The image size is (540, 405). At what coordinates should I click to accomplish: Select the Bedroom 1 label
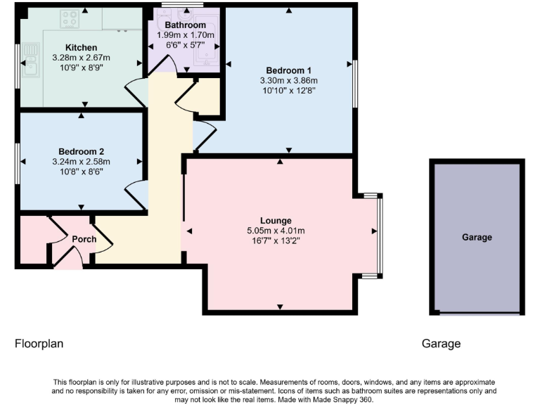pos(288,70)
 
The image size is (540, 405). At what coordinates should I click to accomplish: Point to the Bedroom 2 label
pos(82,151)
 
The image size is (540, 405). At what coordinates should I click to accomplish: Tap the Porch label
pos(84,239)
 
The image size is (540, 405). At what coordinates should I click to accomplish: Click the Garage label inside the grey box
pos(477,238)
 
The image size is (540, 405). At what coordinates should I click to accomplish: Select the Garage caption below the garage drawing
pos(442,344)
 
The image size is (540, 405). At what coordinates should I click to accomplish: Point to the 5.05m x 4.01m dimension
pos(275,231)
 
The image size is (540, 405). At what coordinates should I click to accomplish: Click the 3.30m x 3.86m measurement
pos(288,80)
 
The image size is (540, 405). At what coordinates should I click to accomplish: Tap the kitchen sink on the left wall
pos(30,59)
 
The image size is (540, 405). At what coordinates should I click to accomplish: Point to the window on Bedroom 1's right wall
pos(354,83)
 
